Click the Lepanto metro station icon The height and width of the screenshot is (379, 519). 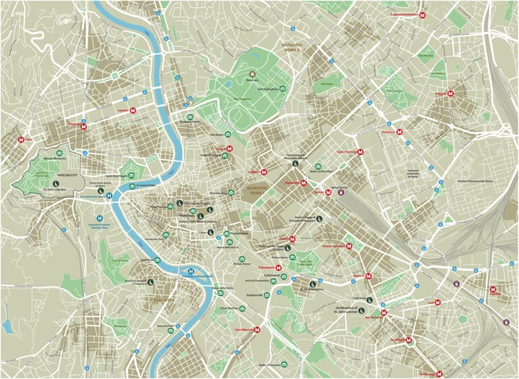(x=134, y=110)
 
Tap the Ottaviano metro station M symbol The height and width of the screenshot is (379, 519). (x=84, y=125)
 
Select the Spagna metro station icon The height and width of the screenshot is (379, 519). (x=230, y=148)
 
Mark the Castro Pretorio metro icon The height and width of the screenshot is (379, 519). (x=361, y=152)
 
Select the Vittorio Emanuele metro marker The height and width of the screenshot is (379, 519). (x=349, y=246)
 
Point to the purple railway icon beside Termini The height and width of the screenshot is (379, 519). (x=340, y=192)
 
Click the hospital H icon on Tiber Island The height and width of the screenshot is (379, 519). (x=191, y=273)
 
